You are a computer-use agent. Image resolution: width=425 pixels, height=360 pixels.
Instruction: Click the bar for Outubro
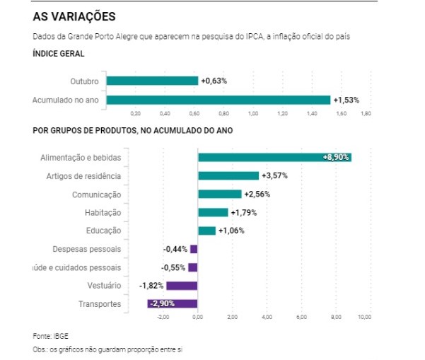152,81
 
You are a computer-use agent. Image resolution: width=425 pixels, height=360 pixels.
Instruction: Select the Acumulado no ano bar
218,100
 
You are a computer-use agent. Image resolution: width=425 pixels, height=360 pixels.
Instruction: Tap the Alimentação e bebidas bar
274,157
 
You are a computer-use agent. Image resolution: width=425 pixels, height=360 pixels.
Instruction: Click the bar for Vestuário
182,286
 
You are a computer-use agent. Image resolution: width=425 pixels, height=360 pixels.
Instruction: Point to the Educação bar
206,231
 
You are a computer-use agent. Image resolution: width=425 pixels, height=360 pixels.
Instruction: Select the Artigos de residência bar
228,175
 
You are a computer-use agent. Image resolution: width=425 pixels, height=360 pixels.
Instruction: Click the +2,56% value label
257,194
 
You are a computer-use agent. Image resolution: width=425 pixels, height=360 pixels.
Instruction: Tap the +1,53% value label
347,100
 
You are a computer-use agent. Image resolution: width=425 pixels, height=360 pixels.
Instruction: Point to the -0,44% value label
175,249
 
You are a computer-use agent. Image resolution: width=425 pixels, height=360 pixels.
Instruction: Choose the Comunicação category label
97,194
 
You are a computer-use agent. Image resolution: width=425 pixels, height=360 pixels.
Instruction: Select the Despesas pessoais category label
87,250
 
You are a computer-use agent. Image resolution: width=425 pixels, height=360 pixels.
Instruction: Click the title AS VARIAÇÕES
74,16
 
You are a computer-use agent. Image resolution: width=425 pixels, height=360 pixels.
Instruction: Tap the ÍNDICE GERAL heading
59,54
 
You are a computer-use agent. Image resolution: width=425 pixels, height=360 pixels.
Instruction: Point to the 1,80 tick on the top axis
366,113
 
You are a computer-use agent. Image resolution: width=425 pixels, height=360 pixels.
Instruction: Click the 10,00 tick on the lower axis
365,317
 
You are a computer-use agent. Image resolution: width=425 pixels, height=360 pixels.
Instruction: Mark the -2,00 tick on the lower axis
163,317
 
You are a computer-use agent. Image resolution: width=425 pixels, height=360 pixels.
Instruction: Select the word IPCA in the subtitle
222,35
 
